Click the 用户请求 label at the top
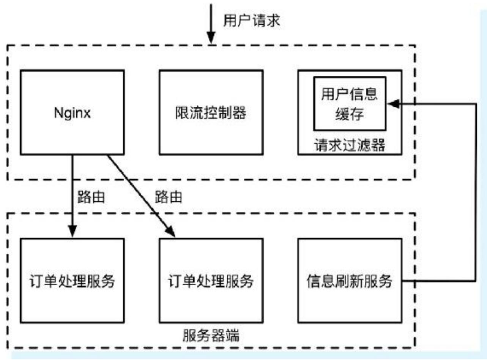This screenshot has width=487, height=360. pyautogui.click(x=251, y=21)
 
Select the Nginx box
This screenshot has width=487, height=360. pyautogui.click(x=72, y=112)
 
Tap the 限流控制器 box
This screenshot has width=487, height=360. pyautogui.click(x=211, y=112)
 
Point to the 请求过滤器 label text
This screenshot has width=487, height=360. pyautogui.click(x=350, y=145)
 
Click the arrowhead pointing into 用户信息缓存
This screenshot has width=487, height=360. pyautogui.click(x=392, y=104)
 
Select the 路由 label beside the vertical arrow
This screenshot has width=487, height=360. pyautogui.click(x=91, y=197)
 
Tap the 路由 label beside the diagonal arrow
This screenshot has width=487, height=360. pyautogui.click(x=168, y=197)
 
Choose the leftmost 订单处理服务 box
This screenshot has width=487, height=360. pyautogui.click(x=72, y=281)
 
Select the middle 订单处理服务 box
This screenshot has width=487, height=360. pyautogui.click(x=211, y=281)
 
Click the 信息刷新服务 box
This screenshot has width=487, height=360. pyautogui.click(x=350, y=281)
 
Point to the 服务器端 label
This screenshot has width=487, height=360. pyautogui.click(x=211, y=336)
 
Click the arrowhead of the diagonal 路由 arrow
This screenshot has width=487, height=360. pyautogui.click(x=171, y=232)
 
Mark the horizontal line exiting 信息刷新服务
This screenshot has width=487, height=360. pyautogui.click(x=437, y=281)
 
